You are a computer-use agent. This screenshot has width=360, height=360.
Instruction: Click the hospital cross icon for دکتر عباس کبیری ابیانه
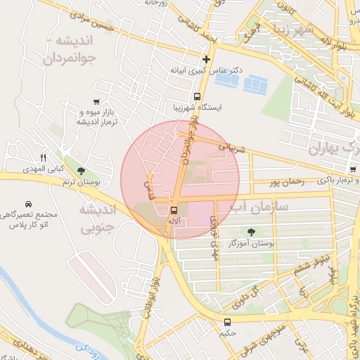pyautogui.click(x=206, y=60)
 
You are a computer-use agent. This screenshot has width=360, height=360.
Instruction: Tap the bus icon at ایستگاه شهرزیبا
pyautogui.click(x=198, y=96)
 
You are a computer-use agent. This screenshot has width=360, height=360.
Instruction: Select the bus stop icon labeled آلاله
pyautogui.click(x=174, y=210)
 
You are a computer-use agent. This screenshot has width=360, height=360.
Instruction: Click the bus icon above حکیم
pyautogui.click(x=226, y=323)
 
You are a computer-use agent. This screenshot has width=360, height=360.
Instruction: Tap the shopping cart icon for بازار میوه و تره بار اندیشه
pyautogui.click(x=96, y=102)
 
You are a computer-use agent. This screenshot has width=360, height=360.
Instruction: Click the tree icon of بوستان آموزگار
pyautogui.click(x=251, y=231)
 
